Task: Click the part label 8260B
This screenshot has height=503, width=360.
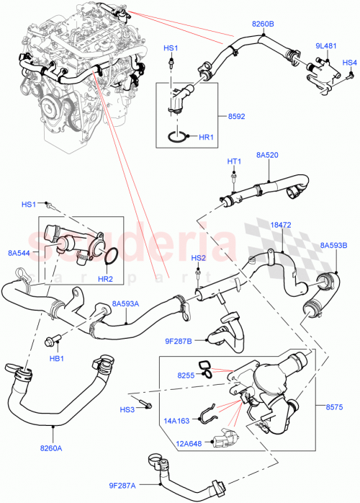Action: point(263,24)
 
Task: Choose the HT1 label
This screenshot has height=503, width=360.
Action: point(233,161)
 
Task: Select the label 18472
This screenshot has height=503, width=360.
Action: point(281,225)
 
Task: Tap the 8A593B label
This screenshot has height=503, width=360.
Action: point(333,246)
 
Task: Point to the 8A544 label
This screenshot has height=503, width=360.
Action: point(19,252)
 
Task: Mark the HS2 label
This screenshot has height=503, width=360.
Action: point(198,258)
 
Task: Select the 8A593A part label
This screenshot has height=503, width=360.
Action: point(126,304)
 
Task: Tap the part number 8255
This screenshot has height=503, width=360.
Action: point(186,375)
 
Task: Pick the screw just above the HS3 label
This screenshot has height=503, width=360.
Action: point(143,401)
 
